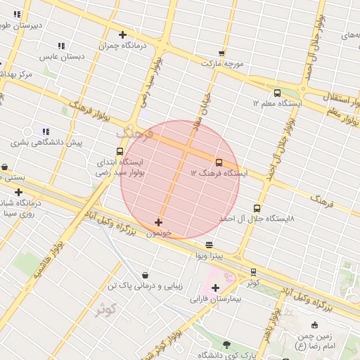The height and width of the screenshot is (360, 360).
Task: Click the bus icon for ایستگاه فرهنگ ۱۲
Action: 219,162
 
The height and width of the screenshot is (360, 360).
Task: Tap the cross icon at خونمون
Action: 158,222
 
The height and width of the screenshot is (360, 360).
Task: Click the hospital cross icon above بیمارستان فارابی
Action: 215,288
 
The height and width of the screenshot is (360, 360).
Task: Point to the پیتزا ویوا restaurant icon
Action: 210,245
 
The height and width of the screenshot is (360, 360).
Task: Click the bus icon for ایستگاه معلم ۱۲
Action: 277,93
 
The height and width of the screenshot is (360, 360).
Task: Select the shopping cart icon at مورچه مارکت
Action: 221,53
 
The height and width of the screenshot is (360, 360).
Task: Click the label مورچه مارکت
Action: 222,63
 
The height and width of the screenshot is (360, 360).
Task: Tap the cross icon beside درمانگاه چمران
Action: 122,34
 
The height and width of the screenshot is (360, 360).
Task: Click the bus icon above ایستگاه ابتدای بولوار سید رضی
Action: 120,151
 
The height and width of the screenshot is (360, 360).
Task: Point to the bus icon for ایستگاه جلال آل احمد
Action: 257,208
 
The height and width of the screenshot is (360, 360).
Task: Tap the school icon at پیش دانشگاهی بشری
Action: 46,131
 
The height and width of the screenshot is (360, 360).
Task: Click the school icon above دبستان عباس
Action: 62,46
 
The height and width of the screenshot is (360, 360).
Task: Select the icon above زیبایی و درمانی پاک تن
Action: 145,275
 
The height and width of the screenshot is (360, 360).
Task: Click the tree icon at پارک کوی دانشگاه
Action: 226,345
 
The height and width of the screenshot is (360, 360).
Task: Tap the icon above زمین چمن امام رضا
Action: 314,325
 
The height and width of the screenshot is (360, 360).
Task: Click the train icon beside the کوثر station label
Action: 253,272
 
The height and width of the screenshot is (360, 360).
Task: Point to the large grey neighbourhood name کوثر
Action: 106,309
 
